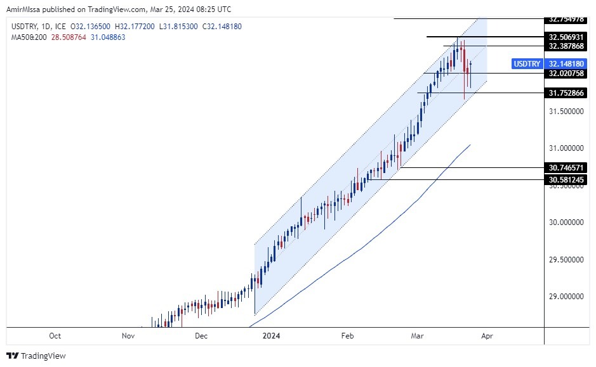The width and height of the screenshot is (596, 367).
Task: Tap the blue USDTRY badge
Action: tap(527, 64)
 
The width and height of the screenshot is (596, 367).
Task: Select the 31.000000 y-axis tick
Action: tap(567, 148)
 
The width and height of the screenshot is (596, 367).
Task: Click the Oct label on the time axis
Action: tap(55, 336)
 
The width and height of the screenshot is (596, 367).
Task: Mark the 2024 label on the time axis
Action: tap(271, 336)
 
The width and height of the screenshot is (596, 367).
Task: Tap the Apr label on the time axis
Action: tap(487, 336)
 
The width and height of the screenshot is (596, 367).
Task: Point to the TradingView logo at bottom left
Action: tap(36, 356)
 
